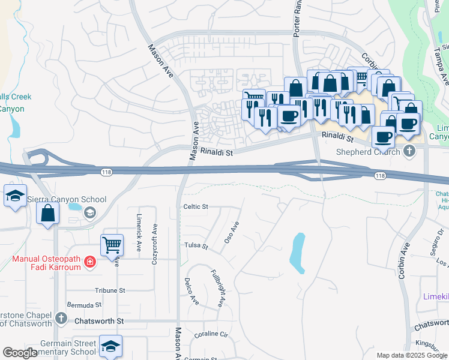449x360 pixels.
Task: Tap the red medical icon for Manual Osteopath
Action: [x=89, y=261]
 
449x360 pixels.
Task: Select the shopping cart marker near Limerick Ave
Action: [x=112, y=245]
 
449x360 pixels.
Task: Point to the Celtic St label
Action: [x=195, y=206]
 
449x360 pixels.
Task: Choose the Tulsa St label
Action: [x=196, y=246]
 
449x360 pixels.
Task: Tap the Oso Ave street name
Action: [x=232, y=232]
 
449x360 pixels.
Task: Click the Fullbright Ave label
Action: [x=217, y=288]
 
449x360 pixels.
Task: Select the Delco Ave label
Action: [x=191, y=291]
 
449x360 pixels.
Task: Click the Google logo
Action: [x=20, y=353]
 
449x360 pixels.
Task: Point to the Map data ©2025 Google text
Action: [x=411, y=355]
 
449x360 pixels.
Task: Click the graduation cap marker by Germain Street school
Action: [x=111, y=346]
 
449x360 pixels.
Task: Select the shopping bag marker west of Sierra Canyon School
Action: [x=47, y=214]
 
